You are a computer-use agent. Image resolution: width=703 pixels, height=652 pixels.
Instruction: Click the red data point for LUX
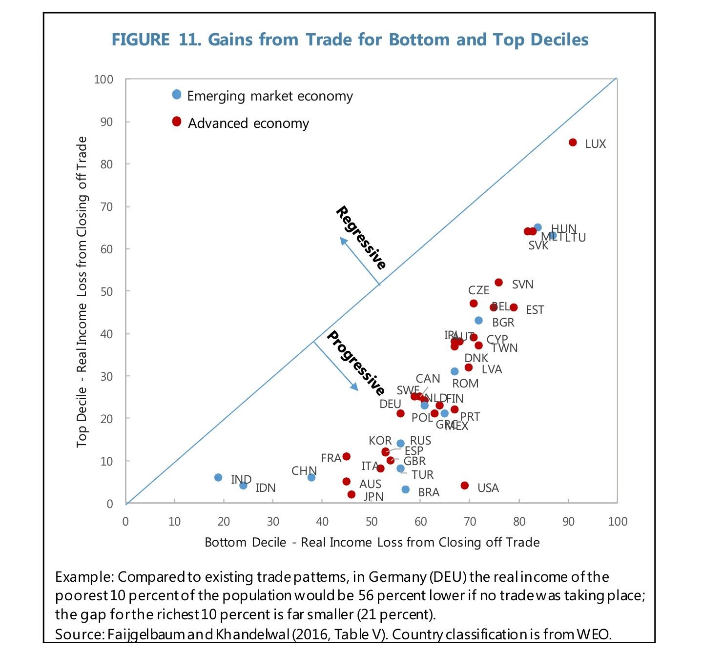click(573, 143)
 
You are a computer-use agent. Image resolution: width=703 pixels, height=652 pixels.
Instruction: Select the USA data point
click(464, 486)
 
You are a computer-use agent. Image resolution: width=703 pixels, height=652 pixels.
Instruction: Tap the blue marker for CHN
click(311, 477)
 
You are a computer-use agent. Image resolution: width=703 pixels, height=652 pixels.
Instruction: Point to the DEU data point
click(400, 413)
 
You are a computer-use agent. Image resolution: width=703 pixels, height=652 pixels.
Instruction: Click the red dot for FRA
click(347, 456)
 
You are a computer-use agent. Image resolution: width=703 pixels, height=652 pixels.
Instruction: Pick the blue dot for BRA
click(406, 489)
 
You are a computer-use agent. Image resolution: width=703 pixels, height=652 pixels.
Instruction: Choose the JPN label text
click(373, 496)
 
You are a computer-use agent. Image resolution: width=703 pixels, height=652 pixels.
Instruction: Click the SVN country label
click(522, 285)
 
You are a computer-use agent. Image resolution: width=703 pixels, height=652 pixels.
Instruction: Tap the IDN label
click(266, 488)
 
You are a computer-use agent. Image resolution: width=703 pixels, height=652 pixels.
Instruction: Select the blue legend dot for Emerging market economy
click(177, 94)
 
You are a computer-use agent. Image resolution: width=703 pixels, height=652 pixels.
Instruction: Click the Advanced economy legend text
click(248, 123)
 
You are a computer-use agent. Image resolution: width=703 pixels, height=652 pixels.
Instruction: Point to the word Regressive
click(361, 238)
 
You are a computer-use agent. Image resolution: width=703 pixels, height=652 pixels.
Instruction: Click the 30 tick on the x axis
click(273, 521)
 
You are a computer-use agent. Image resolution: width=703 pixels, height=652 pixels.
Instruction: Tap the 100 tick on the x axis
click(618, 521)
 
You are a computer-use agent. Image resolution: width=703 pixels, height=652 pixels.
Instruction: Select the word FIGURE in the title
click(141, 40)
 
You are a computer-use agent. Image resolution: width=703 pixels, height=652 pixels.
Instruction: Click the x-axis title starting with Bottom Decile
click(372, 542)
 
